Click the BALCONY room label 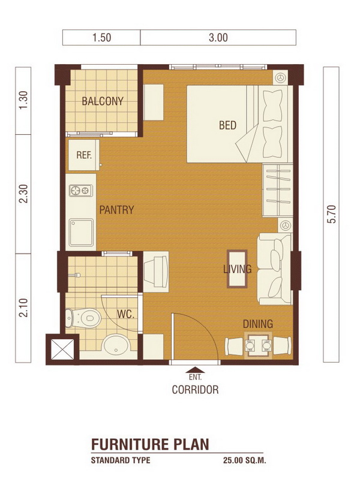point(103,101)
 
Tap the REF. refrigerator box point(84,155)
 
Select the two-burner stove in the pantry point(80,190)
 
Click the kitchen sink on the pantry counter point(81,232)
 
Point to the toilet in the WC point(83,318)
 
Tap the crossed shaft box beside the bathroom point(62,349)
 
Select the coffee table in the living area point(237,269)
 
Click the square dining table point(258,345)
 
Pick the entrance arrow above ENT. point(195,370)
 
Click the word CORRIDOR point(195,390)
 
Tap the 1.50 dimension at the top point(101,38)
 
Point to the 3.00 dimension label point(218,38)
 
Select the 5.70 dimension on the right point(332,214)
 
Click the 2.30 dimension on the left point(23,194)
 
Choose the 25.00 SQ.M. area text point(244,460)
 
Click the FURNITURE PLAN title point(150,444)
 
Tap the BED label point(227,125)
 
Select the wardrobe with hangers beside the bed point(277,190)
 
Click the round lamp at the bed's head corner point(281,77)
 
